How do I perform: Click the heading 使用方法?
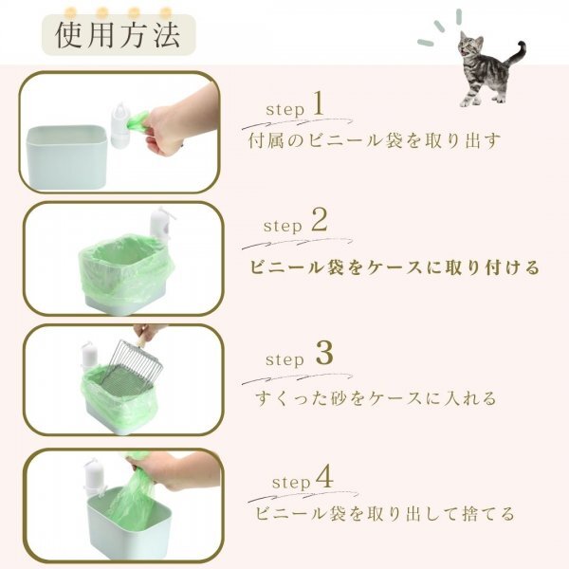(118, 35)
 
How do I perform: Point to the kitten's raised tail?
(516, 54)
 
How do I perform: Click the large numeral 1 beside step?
(318, 103)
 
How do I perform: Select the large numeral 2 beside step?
(320, 220)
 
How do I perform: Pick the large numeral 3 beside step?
(324, 354)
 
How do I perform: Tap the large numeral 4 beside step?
(324, 476)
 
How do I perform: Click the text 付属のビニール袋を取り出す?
(375, 140)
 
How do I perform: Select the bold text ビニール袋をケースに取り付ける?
(395, 267)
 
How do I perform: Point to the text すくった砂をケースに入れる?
(376, 398)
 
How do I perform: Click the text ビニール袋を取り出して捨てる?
(385, 513)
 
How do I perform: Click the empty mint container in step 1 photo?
(66, 156)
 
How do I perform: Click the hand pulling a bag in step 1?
(181, 119)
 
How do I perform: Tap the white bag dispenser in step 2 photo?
(160, 224)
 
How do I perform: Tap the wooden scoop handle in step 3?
(142, 340)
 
